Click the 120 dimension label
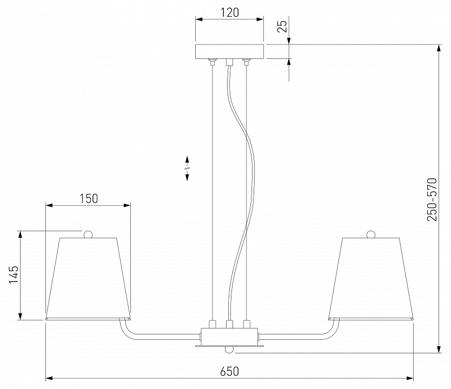coord(229,12)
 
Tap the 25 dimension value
coord(283,26)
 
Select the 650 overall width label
coord(229,372)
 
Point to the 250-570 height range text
coord(432,199)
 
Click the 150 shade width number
coord(89,198)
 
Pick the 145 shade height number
coord(14,274)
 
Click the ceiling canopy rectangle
coord(229,51)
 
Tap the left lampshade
coord(88,278)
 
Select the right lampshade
coord(371,278)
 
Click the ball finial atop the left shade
coord(88,234)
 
